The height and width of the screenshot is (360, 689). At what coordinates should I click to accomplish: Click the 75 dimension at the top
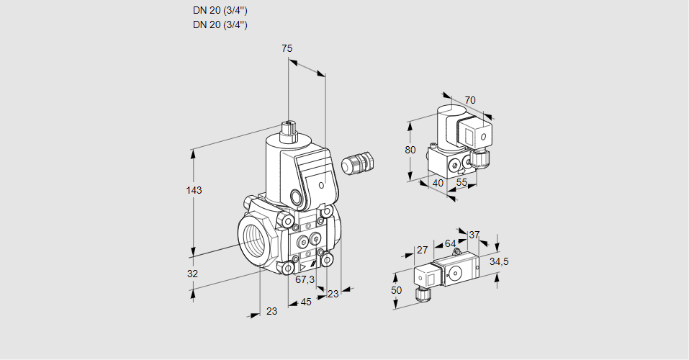tap(287, 48)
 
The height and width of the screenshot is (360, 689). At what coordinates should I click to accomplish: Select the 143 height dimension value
tap(194, 190)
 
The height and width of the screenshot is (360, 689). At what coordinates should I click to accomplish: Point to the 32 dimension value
tap(192, 274)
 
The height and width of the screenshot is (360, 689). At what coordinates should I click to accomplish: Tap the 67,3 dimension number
tap(305, 279)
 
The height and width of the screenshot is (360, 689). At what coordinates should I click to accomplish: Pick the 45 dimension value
tap(306, 302)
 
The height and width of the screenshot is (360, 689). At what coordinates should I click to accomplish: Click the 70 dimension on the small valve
tap(470, 100)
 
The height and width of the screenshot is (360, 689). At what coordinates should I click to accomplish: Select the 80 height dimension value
tap(410, 150)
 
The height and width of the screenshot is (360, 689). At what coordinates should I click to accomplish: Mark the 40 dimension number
tap(437, 183)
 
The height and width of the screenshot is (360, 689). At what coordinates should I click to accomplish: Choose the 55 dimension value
tap(461, 183)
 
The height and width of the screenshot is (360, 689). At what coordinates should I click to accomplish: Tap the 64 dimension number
tap(450, 243)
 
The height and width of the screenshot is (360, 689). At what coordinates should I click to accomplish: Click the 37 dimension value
tap(474, 235)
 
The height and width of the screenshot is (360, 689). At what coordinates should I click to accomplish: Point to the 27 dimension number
tap(423, 251)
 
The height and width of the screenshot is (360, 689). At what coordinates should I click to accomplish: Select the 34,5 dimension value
tap(498, 261)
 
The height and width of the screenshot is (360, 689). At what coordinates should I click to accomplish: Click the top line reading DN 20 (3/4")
tap(220, 11)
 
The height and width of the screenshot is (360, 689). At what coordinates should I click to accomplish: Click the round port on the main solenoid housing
tap(297, 196)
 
